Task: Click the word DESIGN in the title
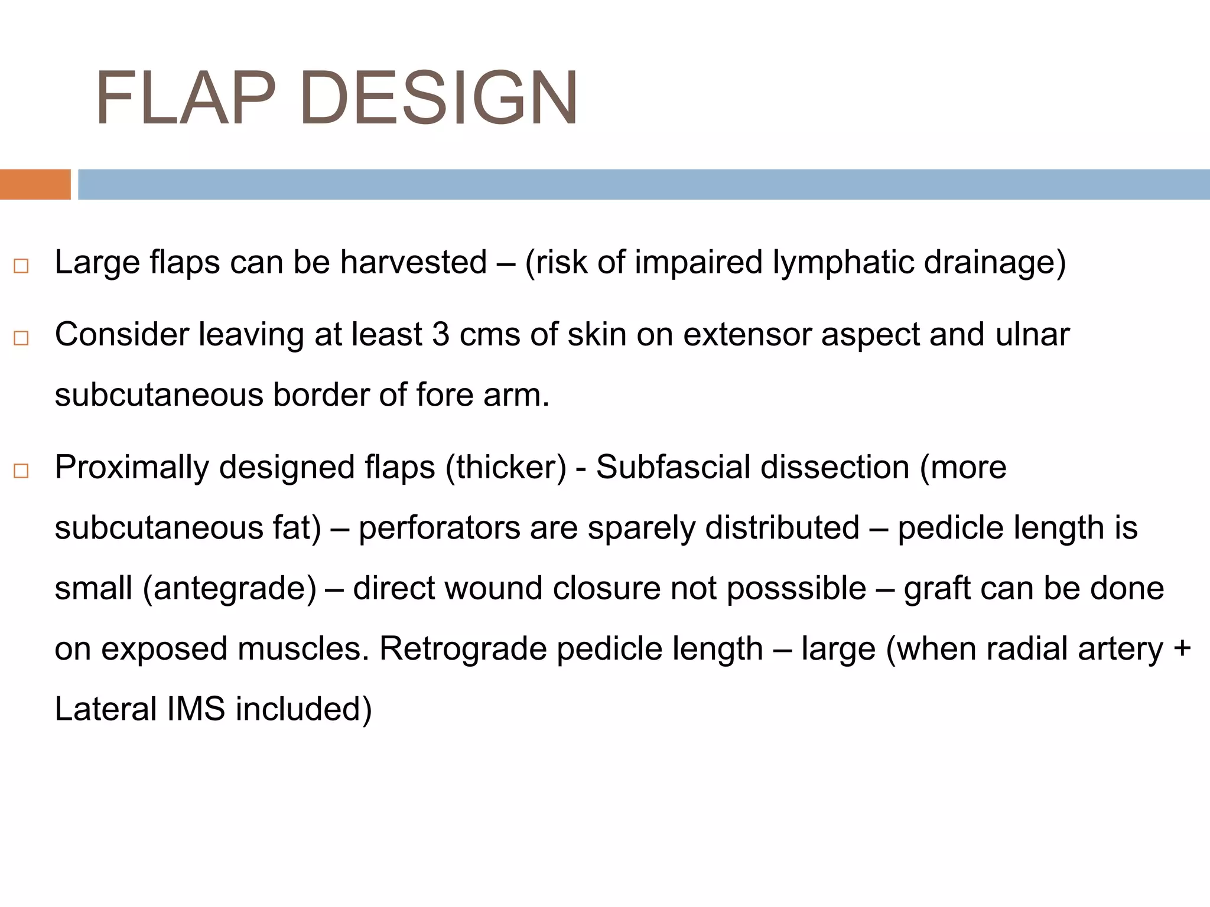(x=439, y=99)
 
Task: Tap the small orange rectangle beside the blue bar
(x=35, y=184)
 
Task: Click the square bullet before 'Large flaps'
(x=21, y=266)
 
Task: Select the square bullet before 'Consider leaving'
(x=21, y=338)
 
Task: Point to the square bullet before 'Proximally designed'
(x=21, y=471)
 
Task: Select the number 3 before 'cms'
(x=441, y=334)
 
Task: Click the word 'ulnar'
(x=1032, y=334)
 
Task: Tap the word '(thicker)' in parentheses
(x=506, y=467)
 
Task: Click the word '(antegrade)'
(x=230, y=589)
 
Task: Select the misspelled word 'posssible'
(x=796, y=589)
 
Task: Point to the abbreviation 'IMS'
(x=196, y=709)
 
